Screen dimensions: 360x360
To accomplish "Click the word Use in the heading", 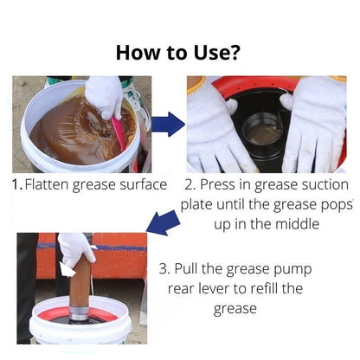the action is [211, 53].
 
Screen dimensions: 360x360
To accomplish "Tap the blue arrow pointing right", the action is [168, 125].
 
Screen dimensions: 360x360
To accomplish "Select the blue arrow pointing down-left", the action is [164, 222].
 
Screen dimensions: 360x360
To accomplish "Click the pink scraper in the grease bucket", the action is [119, 132].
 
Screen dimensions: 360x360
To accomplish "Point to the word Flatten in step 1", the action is [47, 184].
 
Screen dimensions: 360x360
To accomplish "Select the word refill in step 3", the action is [264, 288].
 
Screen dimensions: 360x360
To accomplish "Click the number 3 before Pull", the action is [164, 269].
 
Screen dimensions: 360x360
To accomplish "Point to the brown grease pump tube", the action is [80, 280].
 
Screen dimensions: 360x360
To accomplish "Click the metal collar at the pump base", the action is [79, 314].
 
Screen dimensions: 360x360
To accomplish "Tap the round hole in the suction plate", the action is [263, 132].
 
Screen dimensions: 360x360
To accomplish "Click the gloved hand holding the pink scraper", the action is [105, 97].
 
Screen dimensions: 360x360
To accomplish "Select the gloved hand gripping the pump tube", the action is [75, 250].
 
